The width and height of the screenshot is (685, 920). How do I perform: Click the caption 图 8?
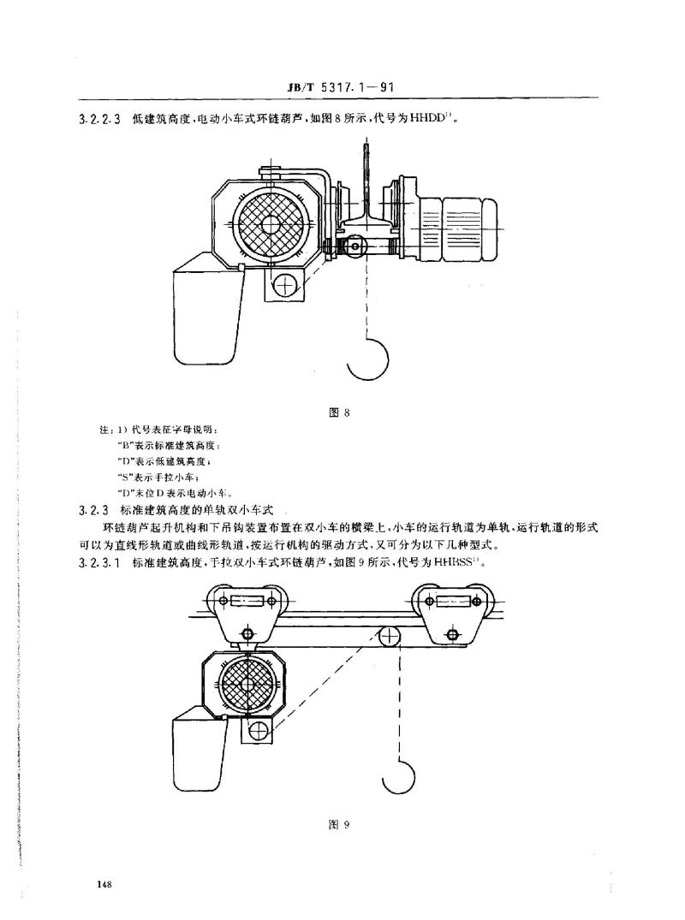tap(339, 413)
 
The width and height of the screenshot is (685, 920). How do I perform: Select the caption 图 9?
tap(339, 824)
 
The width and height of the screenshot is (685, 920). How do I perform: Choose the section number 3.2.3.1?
tap(99, 564)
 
